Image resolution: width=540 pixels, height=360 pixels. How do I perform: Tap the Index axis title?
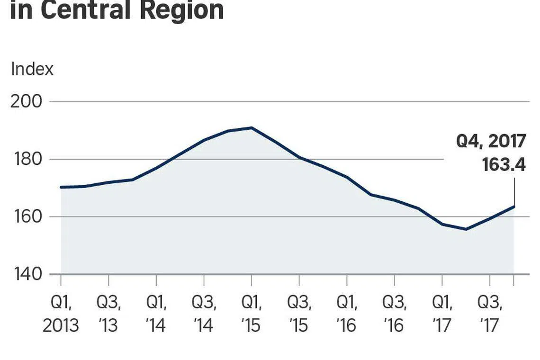32,69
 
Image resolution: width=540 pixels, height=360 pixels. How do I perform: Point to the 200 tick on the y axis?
26,102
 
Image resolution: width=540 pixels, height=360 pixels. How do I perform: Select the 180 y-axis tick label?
26,159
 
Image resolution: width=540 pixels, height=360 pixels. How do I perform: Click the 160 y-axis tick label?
26,217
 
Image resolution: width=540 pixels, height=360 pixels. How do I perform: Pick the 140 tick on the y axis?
26,274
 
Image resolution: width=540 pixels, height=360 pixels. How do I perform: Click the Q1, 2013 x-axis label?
61,314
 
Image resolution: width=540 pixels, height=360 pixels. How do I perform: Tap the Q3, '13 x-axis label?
109,314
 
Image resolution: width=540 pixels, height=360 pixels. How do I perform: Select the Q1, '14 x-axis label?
156,314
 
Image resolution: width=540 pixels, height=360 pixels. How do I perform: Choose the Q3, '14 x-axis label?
204,314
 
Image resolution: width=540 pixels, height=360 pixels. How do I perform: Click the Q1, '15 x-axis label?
252,314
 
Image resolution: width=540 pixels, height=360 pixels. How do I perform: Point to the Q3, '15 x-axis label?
299,314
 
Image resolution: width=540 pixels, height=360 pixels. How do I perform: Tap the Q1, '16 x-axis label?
347,314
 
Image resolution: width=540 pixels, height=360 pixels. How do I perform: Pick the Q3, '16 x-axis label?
394,314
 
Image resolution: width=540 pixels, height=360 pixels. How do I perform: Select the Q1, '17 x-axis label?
442,314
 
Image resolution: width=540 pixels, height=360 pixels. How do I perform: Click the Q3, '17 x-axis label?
490,314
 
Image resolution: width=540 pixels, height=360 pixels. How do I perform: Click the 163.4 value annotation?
504,165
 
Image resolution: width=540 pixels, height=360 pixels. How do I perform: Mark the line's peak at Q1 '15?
252,127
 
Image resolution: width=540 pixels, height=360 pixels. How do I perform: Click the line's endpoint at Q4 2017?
514,207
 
